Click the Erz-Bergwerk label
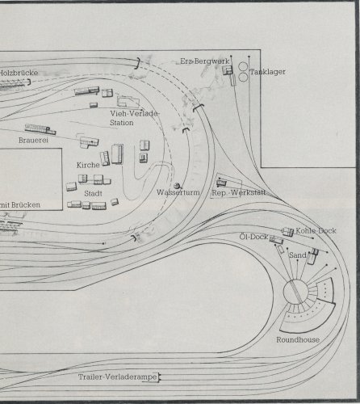tap(205, 61)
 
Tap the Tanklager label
tap(268, 72)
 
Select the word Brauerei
tap(33, 140)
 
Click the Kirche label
tap(88, 165)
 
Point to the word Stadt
tap(93, 193)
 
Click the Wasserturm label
tap(178, 192)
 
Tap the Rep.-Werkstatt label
tap(239, 193)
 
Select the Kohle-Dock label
tap(316, 231)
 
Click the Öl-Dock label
tap(254, 237)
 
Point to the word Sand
tap(298, 255)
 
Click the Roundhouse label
tap(298, 340)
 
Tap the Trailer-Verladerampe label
tap(118, 377)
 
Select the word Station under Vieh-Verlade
tap(122, 123)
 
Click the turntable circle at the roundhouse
tap(295, 292)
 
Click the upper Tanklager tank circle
tap(243, 67)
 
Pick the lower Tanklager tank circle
tap(243, 78)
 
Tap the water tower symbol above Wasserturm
tap(177, 186)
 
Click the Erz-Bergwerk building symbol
tap(228, 70)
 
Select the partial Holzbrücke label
tap(19, 73)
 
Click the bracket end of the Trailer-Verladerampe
tap(159, 377)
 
